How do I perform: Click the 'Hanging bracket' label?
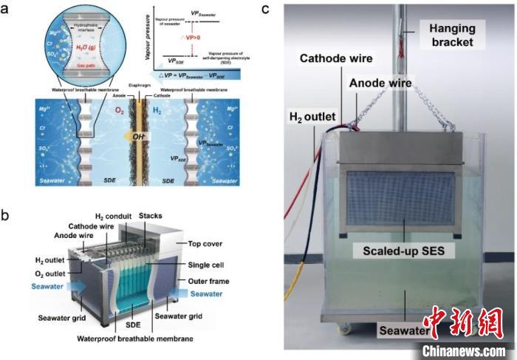451,33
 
